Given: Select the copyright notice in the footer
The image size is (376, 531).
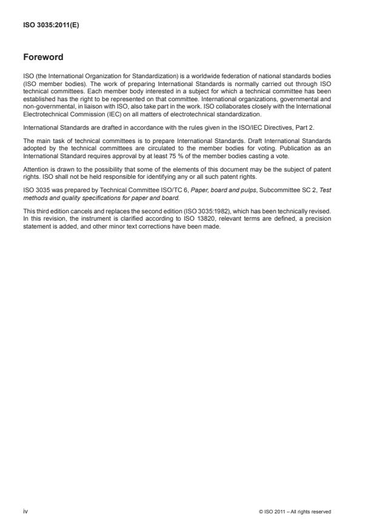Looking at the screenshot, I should tap(295, 512).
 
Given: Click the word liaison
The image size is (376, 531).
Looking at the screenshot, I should tap(113, 107).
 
